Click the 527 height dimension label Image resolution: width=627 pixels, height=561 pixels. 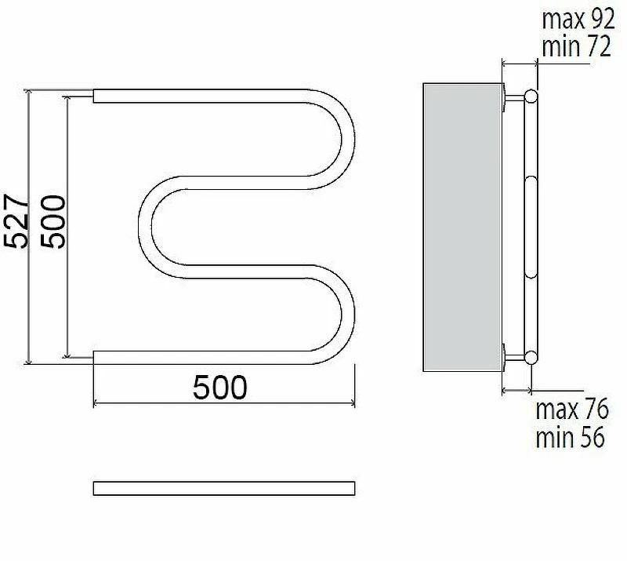16,221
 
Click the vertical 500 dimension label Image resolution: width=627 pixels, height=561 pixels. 53,222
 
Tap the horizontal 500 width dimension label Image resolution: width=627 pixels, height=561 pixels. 220,388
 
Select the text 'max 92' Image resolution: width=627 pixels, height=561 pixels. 578,19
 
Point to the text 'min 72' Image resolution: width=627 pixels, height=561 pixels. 576,46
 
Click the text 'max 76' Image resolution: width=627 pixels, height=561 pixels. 572,409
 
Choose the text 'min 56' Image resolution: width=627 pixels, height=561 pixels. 570,437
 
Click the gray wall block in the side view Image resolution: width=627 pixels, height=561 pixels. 462,227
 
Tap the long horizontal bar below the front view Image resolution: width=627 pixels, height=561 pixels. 224,488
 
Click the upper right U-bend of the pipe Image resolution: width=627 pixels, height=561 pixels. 348,139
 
